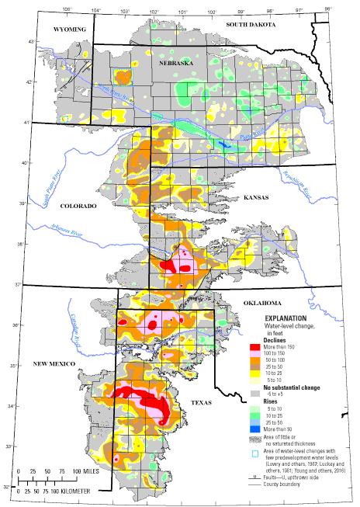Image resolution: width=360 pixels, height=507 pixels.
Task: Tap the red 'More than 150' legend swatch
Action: click(255, 348)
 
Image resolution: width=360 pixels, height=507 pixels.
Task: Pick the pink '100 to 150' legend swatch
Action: click(255, 356)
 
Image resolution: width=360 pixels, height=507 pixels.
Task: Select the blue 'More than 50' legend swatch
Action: click(255, 428)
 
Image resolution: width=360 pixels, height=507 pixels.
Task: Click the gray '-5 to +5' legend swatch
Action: click(255, 394)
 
